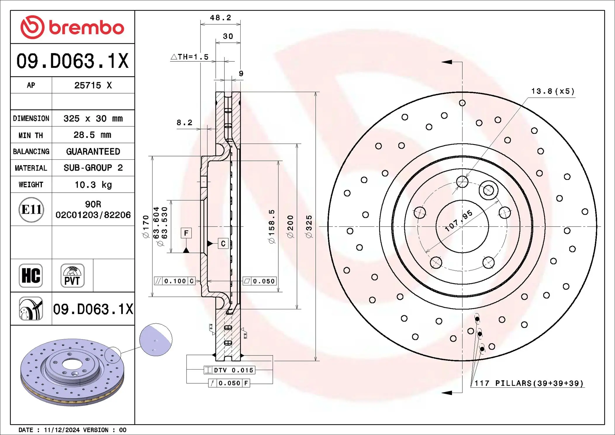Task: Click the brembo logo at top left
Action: (72, 27)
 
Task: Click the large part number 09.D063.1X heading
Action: (72, 61)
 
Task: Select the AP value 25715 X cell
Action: (93, 85)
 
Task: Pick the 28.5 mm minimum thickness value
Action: (92, 135)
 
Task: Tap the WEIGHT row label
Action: (31, 185)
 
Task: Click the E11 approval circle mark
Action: (31, 210)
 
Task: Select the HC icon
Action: (31, 276)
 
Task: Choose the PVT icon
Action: (72, 276)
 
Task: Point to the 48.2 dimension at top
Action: (220, 18)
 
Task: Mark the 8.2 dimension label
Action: (184, 123)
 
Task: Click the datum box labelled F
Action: (186, 233)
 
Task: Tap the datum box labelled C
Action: (223, 244)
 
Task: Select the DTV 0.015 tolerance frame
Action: (229, 370)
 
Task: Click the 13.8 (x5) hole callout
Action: (552, 92)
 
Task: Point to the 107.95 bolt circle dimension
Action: (458, 221)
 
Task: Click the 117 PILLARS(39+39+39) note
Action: (528, 383)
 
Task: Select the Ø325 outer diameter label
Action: (309, 227)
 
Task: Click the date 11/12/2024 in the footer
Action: (62, 430)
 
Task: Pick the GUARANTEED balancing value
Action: (93, 151)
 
